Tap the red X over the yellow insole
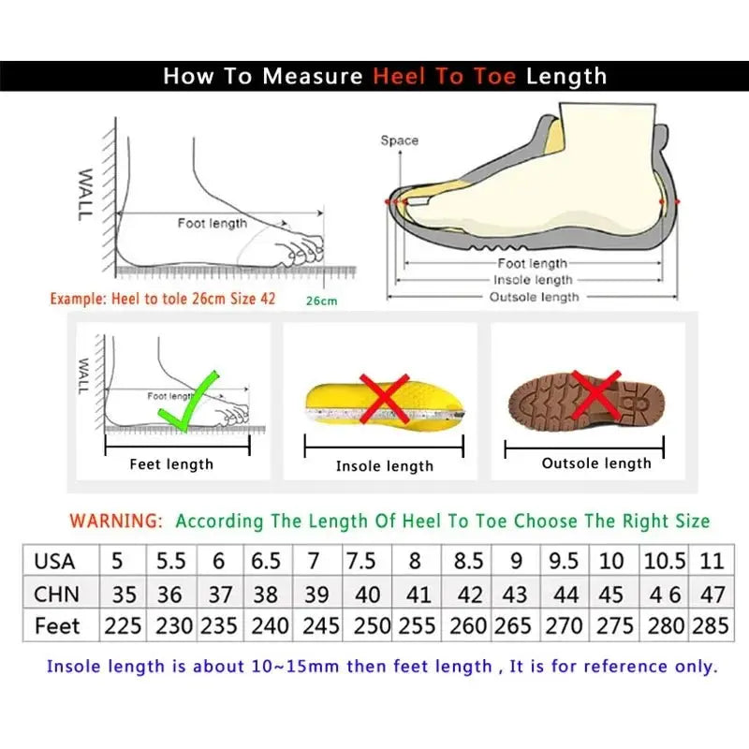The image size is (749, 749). tap(385, 399)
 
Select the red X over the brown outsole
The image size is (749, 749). tap(596, 393)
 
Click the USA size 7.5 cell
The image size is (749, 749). tap(361, 562)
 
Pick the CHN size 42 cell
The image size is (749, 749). tap(469, 594)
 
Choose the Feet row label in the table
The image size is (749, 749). tap(57, 625)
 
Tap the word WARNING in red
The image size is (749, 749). tap(117, 521)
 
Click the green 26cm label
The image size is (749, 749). tap(321, 301)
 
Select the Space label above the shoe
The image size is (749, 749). tap(399, 140)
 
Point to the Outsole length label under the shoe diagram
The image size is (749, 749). tap(535, 297)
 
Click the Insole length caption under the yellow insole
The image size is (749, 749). tap(385, 465)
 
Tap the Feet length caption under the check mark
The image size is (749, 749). tap(171, 463)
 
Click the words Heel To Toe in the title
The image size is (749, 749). tap(445, 77)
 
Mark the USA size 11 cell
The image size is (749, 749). tap(712, 562)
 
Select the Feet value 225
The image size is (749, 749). tap(124, 625)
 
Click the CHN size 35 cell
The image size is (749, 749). tap(124, 594)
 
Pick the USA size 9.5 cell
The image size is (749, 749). tap(564, 562)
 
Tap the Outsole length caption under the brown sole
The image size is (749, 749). tap(596, 463)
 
